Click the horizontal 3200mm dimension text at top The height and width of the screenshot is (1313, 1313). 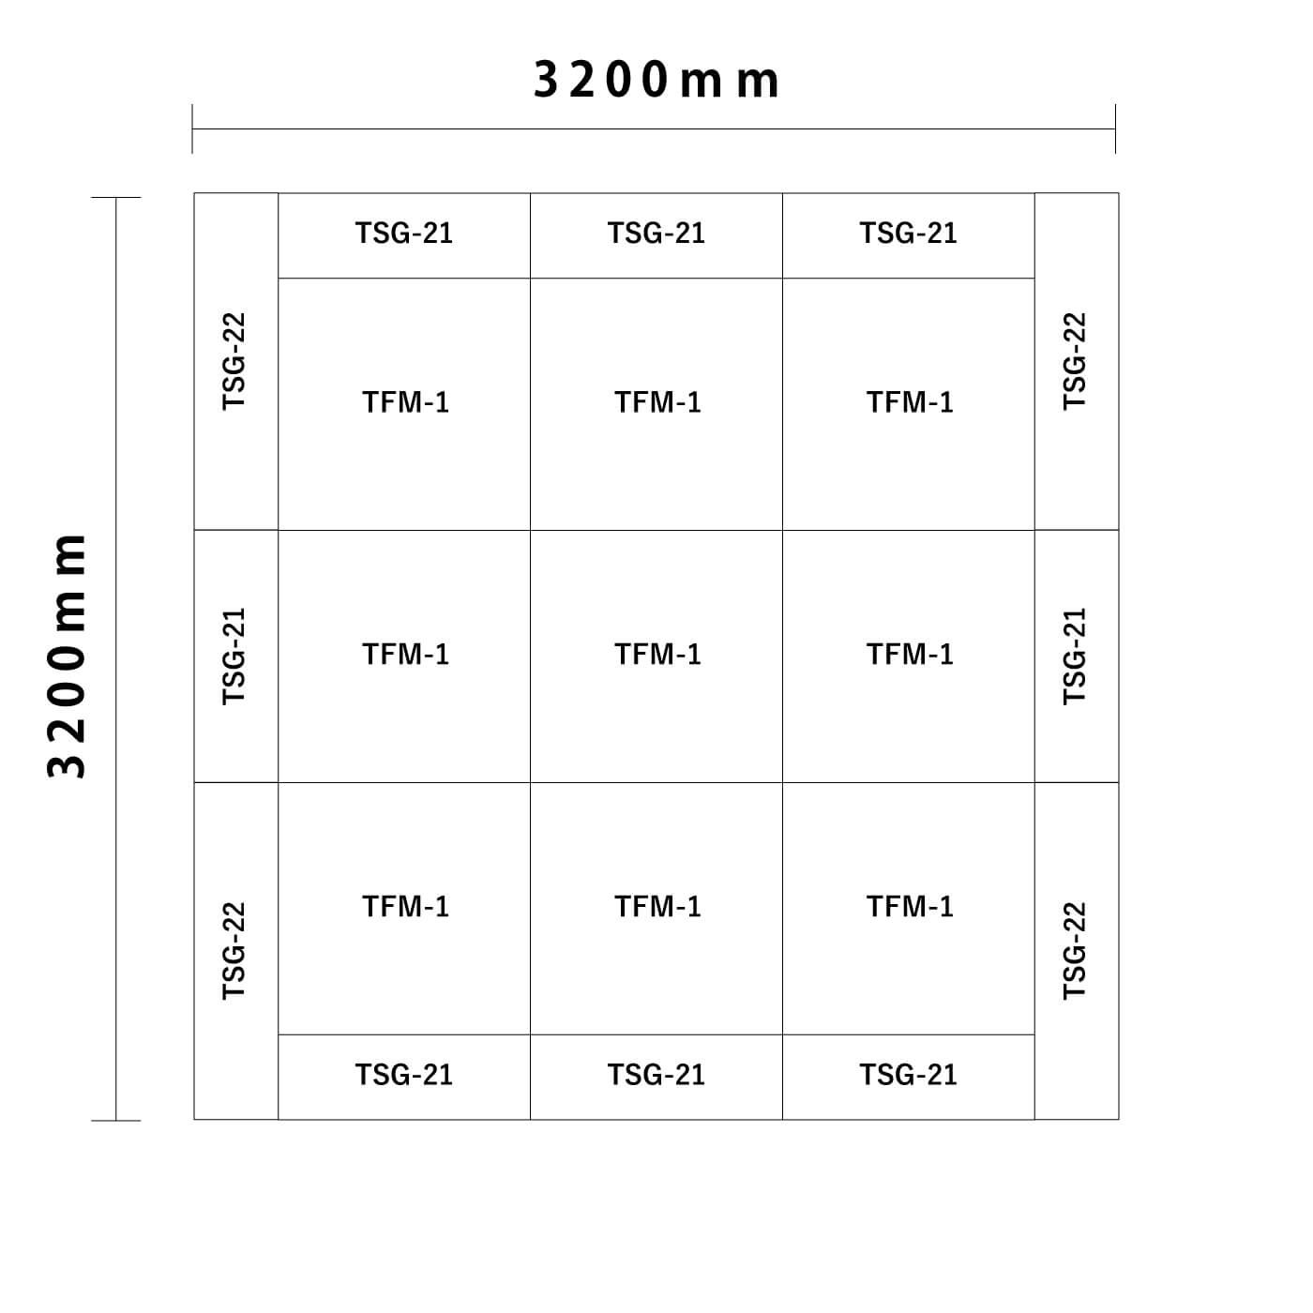coord(656,81)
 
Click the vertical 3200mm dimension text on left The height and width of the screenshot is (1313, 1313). coord(67,656)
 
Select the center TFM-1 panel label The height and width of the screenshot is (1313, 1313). coord(657,654)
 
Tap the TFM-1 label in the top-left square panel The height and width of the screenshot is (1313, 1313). coord(405,402)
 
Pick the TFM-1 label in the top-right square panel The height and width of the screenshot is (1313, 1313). coord(910,402)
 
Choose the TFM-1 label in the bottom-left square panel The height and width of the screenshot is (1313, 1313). coord(405,906)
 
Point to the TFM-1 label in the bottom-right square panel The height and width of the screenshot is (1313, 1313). coord(910,906)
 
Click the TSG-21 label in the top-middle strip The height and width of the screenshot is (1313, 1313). coord(656,233)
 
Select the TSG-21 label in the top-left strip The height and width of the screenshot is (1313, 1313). coord(404,233)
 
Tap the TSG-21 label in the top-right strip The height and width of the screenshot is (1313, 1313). coord(908,233)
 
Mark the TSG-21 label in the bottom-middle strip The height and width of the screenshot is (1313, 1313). coord(656,1075)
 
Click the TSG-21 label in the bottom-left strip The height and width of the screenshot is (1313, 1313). coord(404,1075)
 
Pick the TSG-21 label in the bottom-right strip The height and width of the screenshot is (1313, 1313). coord(908,1075)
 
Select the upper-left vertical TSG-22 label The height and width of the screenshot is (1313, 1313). coord(234,361)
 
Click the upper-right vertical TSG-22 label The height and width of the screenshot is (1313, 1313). coord(1075,361)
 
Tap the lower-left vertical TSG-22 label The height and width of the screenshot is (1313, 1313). coord(234,950)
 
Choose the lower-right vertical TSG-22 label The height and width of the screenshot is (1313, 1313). coord(1075,950)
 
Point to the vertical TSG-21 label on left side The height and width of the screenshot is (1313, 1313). coord(234,656)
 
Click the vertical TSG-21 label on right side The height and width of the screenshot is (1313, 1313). coord(1075,656)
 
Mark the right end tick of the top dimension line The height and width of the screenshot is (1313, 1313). coord(1115,128)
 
